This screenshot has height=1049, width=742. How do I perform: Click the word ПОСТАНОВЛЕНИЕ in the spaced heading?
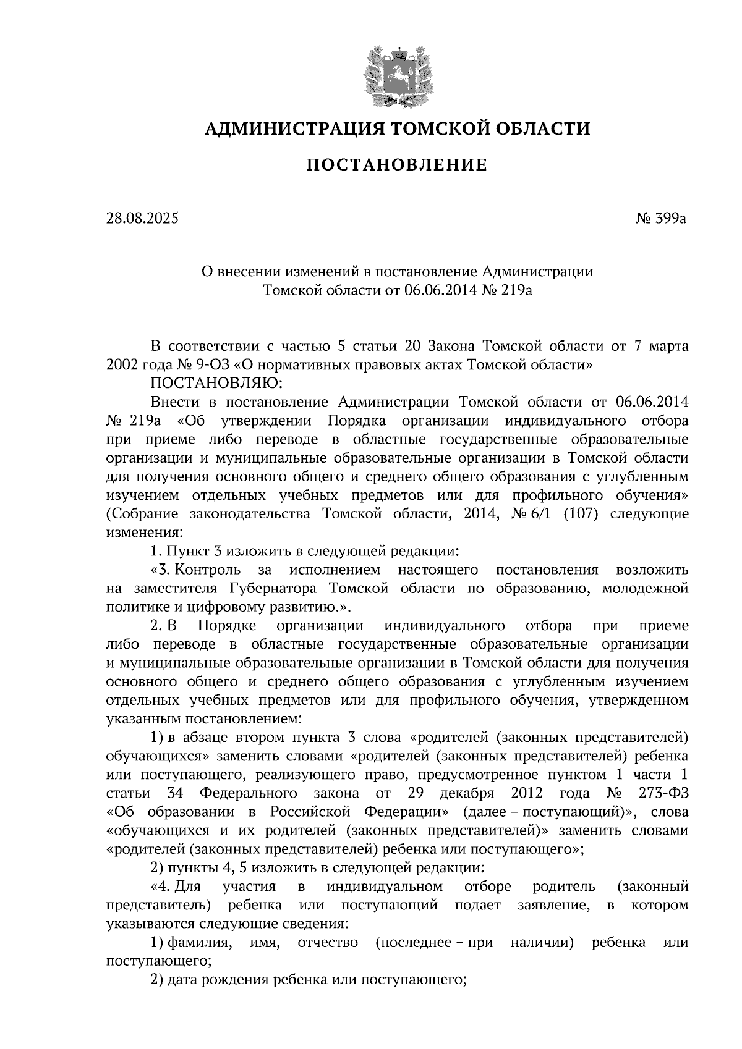(x=398, y=165)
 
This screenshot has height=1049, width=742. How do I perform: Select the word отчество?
(x=328, y=943)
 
